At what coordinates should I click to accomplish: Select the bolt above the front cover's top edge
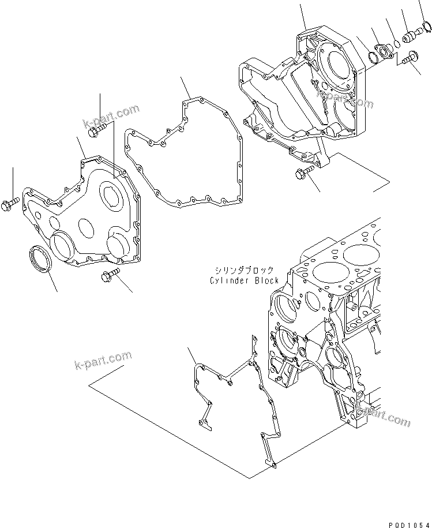pyautogui.click(x=97, y=131)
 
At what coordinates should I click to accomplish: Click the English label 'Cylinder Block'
pyautogui.click(x=244, y=280)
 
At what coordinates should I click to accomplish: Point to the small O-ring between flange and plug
pyautogui.click(x=397, y=43)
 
